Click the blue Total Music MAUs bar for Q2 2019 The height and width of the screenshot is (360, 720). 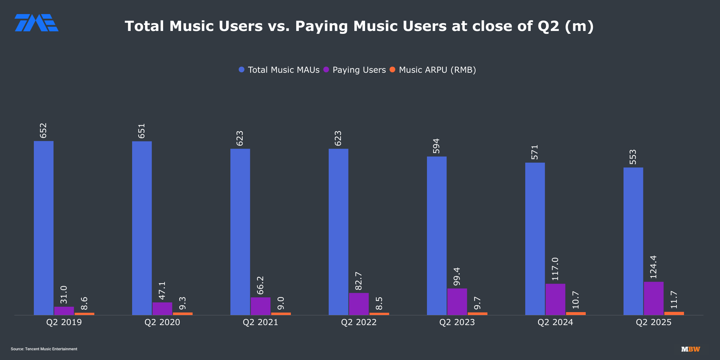pyautogui.click(x=44, y=228)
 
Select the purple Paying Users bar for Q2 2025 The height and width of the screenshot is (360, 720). pyautogui.click(x=653, y=298)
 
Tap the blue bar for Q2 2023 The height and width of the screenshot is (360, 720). pyautogui.click(x=437, y=235)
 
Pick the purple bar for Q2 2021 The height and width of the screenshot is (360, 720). pyautogui.click(x=260, y=306)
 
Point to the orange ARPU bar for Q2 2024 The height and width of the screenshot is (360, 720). pyautogui.click(x=576, y=314)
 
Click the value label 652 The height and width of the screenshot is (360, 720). pyautogui.click(x=43, y=131)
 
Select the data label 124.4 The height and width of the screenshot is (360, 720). pyautogui.click(x=653, y=267)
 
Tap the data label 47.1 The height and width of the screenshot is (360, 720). pyautogui.click(x=162, y=291)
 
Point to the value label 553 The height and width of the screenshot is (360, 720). pyautogui.click(x=633, y=157)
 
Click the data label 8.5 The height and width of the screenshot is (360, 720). pyautogui.click(x=379, y=303)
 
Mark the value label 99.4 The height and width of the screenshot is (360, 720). pyautogui.click(x=457, y=276)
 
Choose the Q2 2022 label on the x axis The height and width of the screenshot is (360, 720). pyautogui.click(x=359, y=322)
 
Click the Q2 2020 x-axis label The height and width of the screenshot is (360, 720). pyautogui.click(x=162, y=322)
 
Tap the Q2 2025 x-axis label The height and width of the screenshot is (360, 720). pyautogui.click(x=653, y=322)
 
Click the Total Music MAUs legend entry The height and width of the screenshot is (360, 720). pyautogui.click(x=279, y=70)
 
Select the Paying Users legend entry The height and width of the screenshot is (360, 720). pyautogui.click(x=355, y=70)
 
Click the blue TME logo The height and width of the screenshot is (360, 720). pyautogui.click(x=36, y=23)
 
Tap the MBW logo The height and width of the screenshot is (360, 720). pyautogui.click(x=690, y=349)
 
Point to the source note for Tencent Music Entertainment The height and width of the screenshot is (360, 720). pyautogui.click(x=44, y=349)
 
